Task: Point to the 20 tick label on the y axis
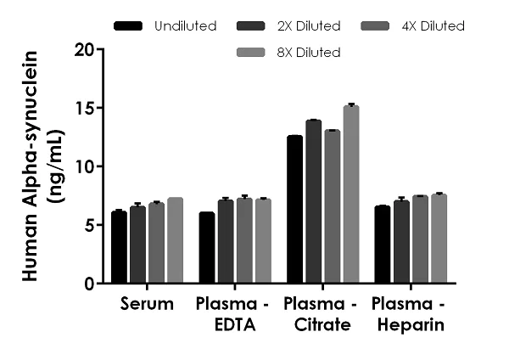coord(83,49)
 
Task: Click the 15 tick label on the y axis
coord(83,108)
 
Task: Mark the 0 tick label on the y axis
coord(88,284)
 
